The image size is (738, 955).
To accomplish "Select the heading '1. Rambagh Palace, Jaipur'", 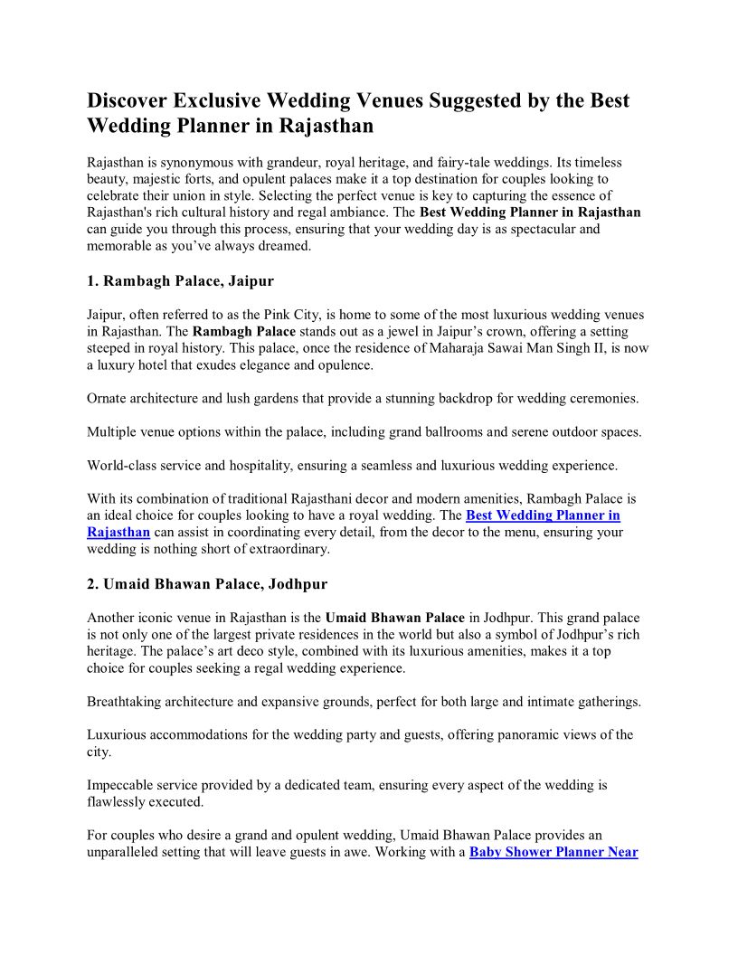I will coord(180,281).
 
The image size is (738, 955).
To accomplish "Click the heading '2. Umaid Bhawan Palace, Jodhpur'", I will coord(207,584).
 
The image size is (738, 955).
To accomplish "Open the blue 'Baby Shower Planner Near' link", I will coord(553,852).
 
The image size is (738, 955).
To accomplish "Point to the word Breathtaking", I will coord(127,702).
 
